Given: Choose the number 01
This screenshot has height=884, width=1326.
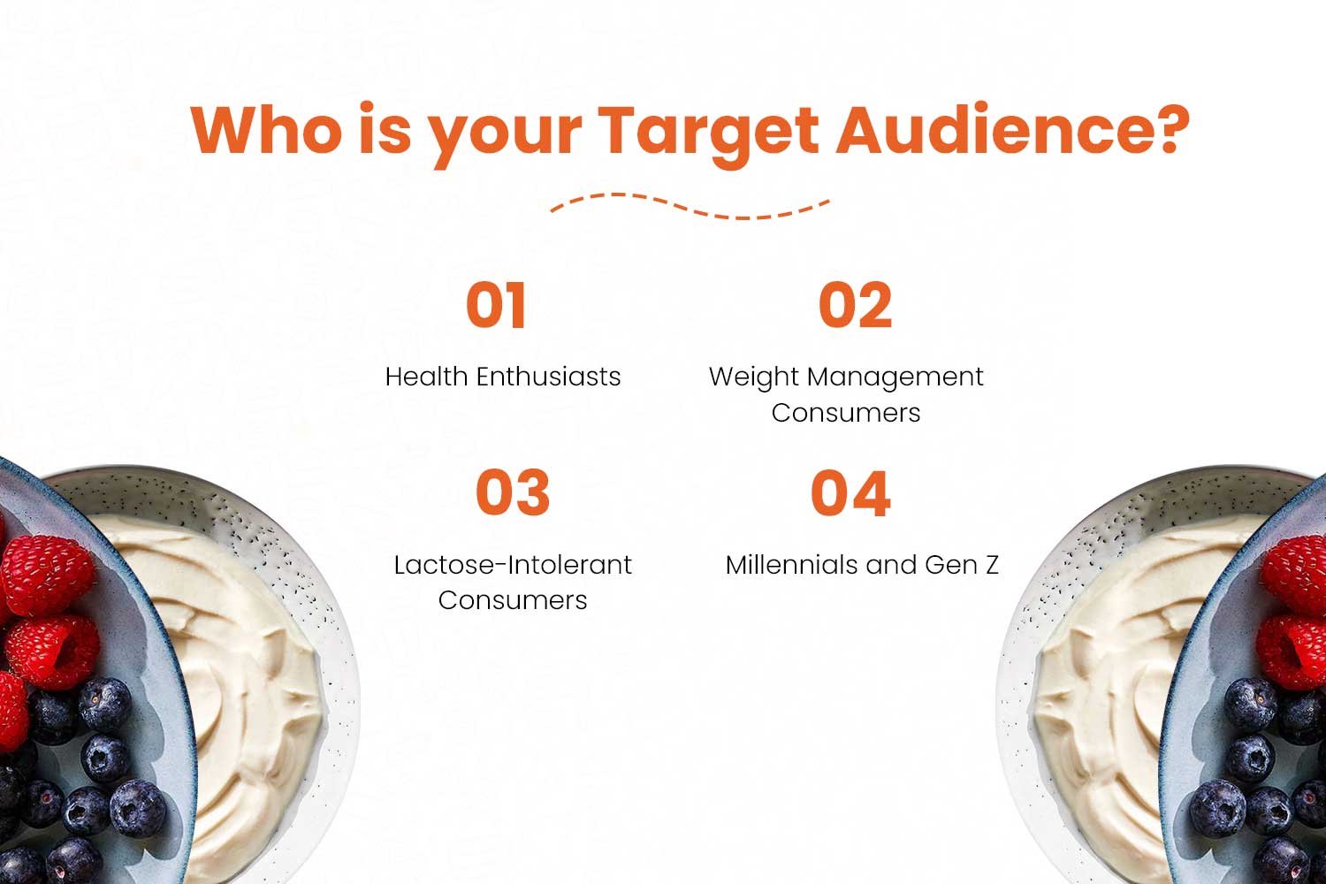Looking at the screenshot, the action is pyautogui.click(x=496, y=304).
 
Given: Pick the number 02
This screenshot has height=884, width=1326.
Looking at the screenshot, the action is pyautogui.click(x=855, y=304).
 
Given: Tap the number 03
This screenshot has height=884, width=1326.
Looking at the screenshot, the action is pyautogui.click(x=513, y=492).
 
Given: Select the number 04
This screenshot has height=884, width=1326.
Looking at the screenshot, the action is pyautogui.click(x=850, y=492).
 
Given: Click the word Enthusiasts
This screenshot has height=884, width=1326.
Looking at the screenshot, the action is pyautogui.click(x=549, y=377).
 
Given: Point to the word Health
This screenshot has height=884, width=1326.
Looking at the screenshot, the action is pyautogui.click(x=426, y=377).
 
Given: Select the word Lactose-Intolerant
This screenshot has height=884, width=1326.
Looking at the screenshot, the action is pyautogui.click(x=513, y=565).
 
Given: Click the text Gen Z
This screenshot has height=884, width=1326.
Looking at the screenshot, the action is pyautogui.click(x=962, y=565).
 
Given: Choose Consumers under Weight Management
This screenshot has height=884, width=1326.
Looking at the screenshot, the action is pyautogui.click(x=846, y=413).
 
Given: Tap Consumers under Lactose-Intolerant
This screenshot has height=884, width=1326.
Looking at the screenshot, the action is pyautogui.click(x=513, y=600).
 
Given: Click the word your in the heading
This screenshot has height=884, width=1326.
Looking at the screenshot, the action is pyautogui.click(x=507, y=136).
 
